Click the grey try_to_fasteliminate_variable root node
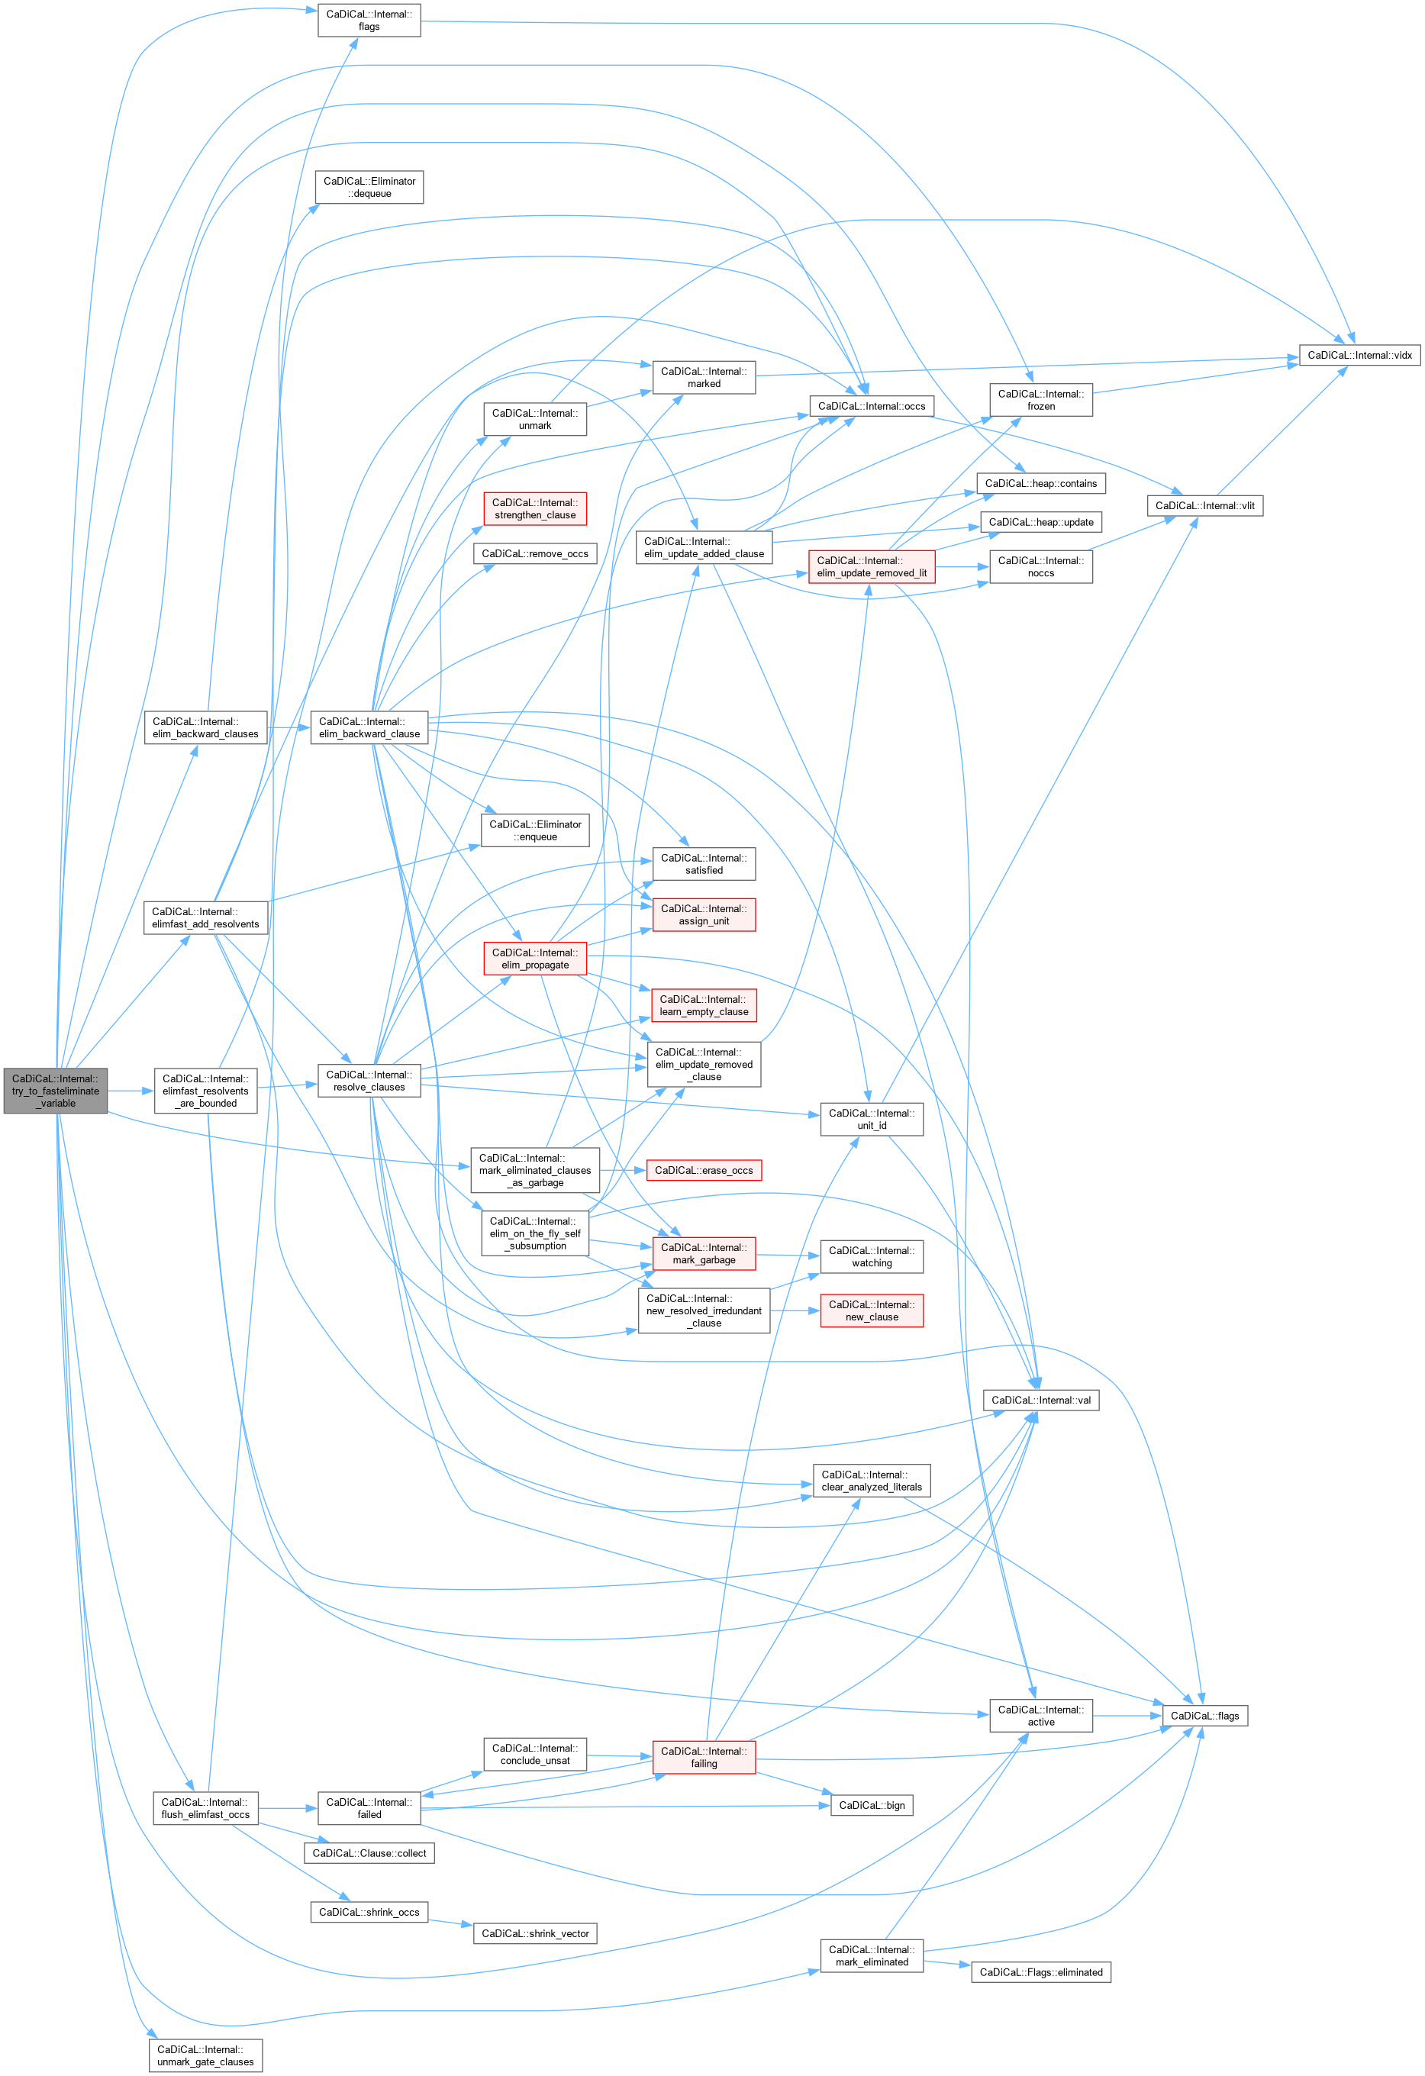click(x=56, y=1091)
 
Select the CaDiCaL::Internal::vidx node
click(x=1359, y=356)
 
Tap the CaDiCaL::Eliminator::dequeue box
click(x=369, y=188)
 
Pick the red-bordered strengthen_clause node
click(x=534, y=509)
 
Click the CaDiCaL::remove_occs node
click(x=534, y=554)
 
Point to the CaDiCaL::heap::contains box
click(x=1040, y=483)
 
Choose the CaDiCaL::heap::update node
click(x=1040, y=523)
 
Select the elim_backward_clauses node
click(x=205, y=728)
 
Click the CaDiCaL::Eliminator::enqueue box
click(x=534, y=830)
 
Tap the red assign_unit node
click(x=703, y=914)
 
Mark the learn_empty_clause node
click(x=703, y=1006)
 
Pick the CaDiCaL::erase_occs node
click(x=703, y=1170)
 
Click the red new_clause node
click(x=871, y=1310)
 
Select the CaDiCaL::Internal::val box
click(x=1040, y=1400)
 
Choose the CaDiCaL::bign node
click(x=871, y=1805)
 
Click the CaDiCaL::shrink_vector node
click(x=534, y=1934)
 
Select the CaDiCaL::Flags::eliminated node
click(x=1040, y=1972)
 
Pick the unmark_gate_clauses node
click(x=205, y=2055)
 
